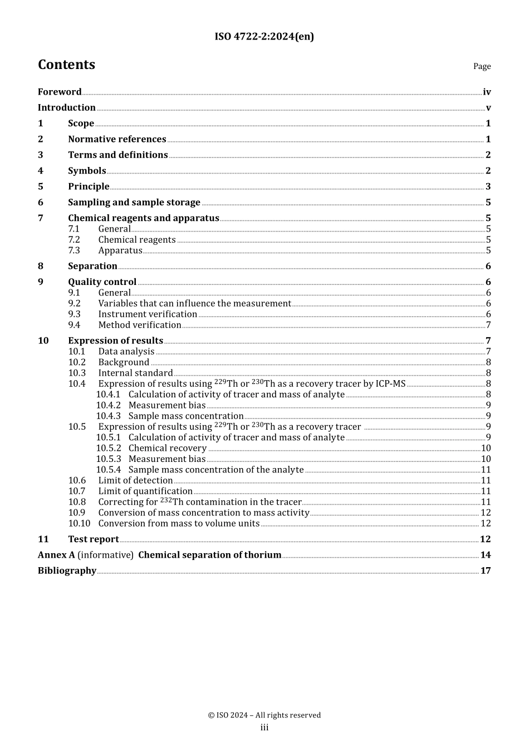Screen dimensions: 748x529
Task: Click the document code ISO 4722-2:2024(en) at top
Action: tap(264, 37)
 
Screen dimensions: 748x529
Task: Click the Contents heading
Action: tap(66, 65)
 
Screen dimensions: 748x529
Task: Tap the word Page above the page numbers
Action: tap(482, 66)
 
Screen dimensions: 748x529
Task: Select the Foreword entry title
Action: tap(60, 92)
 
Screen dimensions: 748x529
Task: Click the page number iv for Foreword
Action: tap(487, 92)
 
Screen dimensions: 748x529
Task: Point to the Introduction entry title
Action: tap(67, 107)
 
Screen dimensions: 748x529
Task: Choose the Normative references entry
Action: tap(117, 139)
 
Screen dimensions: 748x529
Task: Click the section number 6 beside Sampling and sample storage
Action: tap(41, 202)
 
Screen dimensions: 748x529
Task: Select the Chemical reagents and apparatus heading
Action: tap(144, 218)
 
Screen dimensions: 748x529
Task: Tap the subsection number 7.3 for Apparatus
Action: tap(74, 250)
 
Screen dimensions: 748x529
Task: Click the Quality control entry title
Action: tap(102, 282)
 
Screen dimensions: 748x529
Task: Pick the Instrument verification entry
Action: tap(148, 314)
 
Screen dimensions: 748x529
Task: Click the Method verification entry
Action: tap(140, 325)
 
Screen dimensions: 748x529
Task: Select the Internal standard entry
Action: tap(135, 373)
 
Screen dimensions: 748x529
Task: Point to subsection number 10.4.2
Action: tap(108, 405)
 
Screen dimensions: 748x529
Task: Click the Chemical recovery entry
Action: tap(167, 448)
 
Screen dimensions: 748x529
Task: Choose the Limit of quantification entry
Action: tap(145, 491)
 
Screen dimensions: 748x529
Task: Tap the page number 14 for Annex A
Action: tap(486, 555)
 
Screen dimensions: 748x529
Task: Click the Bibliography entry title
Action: tap(67, 570)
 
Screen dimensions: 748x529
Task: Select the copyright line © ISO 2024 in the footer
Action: tap(264, 715)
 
